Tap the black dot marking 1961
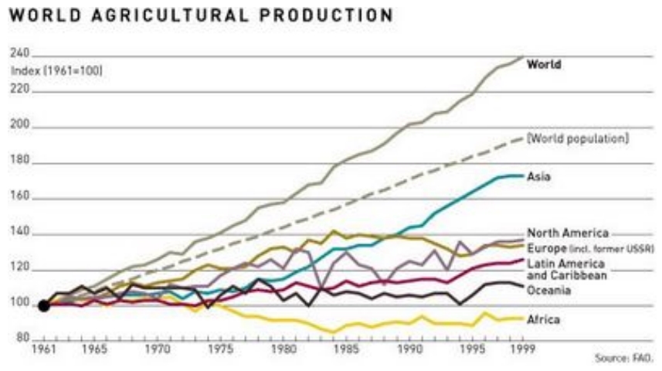click(44, 305)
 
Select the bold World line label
click(544, 65)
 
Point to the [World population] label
click(578, 139)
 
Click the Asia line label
click(538, 176)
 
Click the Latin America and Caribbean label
click(566, 269)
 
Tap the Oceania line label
click(548, 290)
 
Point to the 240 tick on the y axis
click(20, 53)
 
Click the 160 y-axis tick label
click(20, 197)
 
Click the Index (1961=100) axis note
click(56, 71)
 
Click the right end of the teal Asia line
click(523, 175)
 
